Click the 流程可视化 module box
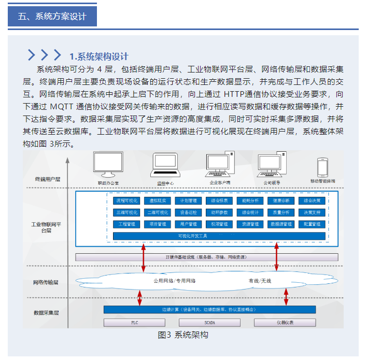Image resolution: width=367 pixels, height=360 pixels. [126, 200]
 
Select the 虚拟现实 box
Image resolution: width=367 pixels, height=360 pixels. [157, 200]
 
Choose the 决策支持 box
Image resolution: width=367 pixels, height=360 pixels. [312, 212]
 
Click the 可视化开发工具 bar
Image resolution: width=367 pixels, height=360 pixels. [219, 236]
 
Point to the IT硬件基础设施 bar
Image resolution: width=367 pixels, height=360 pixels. [207, 257]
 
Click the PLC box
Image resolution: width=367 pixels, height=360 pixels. [134, 323]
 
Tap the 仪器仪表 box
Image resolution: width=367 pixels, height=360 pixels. [285, 323]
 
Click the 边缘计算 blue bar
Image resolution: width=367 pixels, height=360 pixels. [209, 310]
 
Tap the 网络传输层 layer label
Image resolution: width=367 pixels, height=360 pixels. [46, 283]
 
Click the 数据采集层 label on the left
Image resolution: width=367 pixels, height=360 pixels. [46, 313]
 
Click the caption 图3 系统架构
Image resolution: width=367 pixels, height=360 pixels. [183, 335]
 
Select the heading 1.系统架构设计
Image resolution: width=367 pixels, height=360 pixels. [99, 56]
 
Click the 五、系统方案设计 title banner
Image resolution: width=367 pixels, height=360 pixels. [52, 17]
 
